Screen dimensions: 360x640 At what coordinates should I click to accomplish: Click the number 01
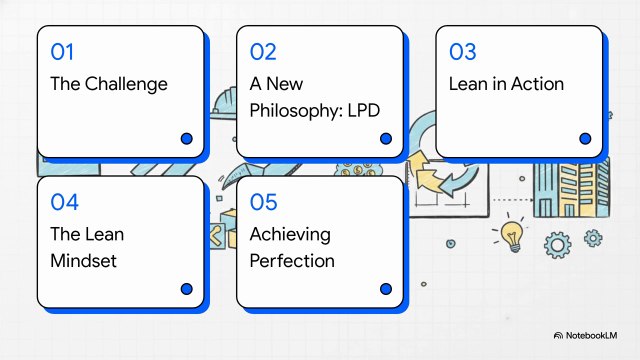[62, 51]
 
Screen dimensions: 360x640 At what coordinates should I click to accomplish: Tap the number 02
[263, 51]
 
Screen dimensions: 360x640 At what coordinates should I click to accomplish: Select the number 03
[463, 51]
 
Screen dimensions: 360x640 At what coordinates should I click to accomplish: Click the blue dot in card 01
[186, 139]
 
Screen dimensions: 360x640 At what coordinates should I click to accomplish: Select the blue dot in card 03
[585, 139]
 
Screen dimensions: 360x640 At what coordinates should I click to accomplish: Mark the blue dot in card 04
[186, 289]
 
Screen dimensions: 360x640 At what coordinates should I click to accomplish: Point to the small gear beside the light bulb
[592, 237]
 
